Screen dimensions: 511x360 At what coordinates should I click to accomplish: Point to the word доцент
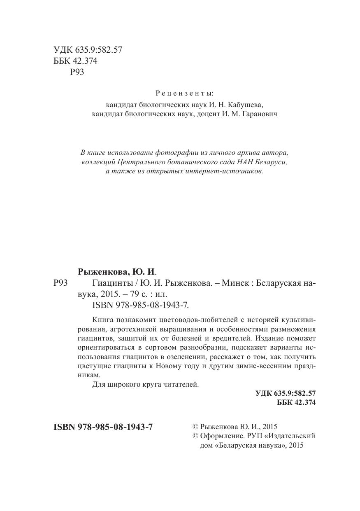click(x=208, y=114)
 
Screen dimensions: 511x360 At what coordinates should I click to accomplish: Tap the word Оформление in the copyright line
click(x=219, y=436)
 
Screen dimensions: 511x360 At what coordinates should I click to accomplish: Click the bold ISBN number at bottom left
click(x=103, y=427)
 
